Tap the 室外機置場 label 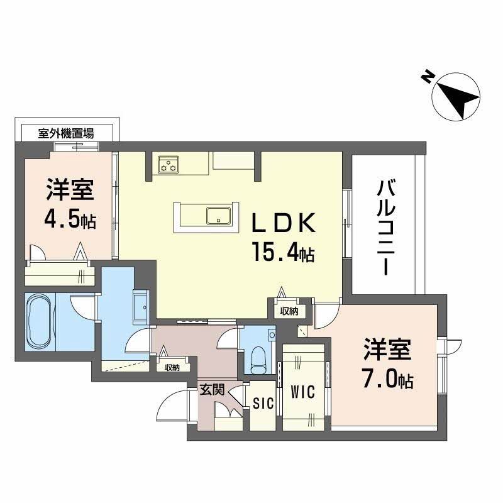[66, 133]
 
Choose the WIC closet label [303, 391]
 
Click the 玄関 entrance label [212, 390]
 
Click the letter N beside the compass [427, 77]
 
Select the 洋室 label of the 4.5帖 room [69, 190]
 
